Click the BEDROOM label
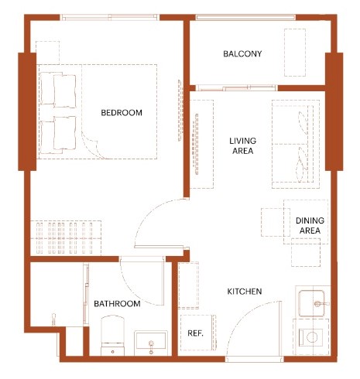pos(122,113)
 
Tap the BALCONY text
pos(242,53)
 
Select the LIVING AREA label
pos(243,145)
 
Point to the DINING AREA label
pos(310,225)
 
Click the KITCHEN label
pos(245,292)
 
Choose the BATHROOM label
pos(117,304)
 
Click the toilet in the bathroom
pos(112,336)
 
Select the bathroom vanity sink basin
pos(151,343)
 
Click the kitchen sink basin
pos(312,303)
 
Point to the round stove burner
pos(312,337)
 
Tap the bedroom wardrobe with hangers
pos(66,238)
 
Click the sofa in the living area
pos(296,144)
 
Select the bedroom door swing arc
pos(145,216)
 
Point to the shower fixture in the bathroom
pos(53,319)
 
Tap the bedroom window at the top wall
pos(109,18)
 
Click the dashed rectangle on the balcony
pos(295,53)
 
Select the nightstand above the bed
pos(48,53)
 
